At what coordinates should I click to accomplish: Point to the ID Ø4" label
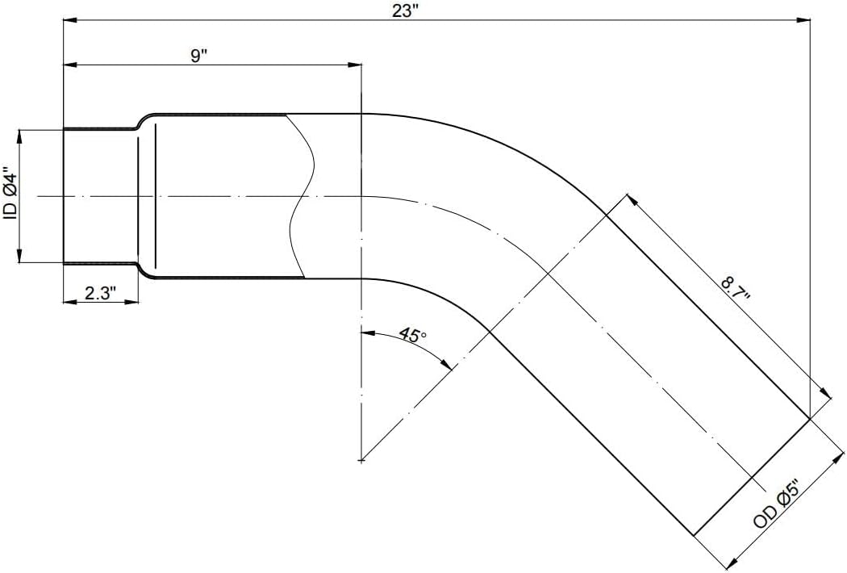pos(10,194)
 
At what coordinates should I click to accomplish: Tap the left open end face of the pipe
pos(65,195)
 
